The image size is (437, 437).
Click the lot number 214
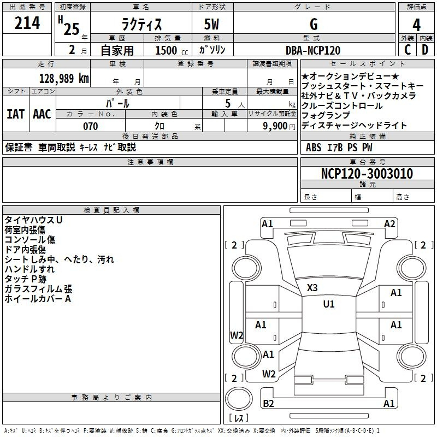27,23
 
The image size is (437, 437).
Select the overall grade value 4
416,25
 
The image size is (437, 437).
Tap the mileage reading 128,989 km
64,79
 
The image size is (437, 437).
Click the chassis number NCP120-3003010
367,173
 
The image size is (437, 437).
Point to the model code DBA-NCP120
313,50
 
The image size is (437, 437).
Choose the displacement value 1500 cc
172,50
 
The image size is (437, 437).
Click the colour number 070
91,126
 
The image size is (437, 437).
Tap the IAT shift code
15,114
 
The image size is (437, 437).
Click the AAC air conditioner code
42,114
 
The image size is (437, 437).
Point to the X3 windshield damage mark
312,288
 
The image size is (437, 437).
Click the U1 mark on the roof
329,304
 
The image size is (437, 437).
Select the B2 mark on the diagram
268,403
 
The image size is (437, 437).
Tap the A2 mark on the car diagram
389,224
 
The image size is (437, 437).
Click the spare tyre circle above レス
239,398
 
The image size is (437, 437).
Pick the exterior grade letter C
408,50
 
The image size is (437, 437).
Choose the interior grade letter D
425,50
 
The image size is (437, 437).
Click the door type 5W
211,24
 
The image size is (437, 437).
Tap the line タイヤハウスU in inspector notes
33,220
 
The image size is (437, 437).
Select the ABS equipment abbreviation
314,147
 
